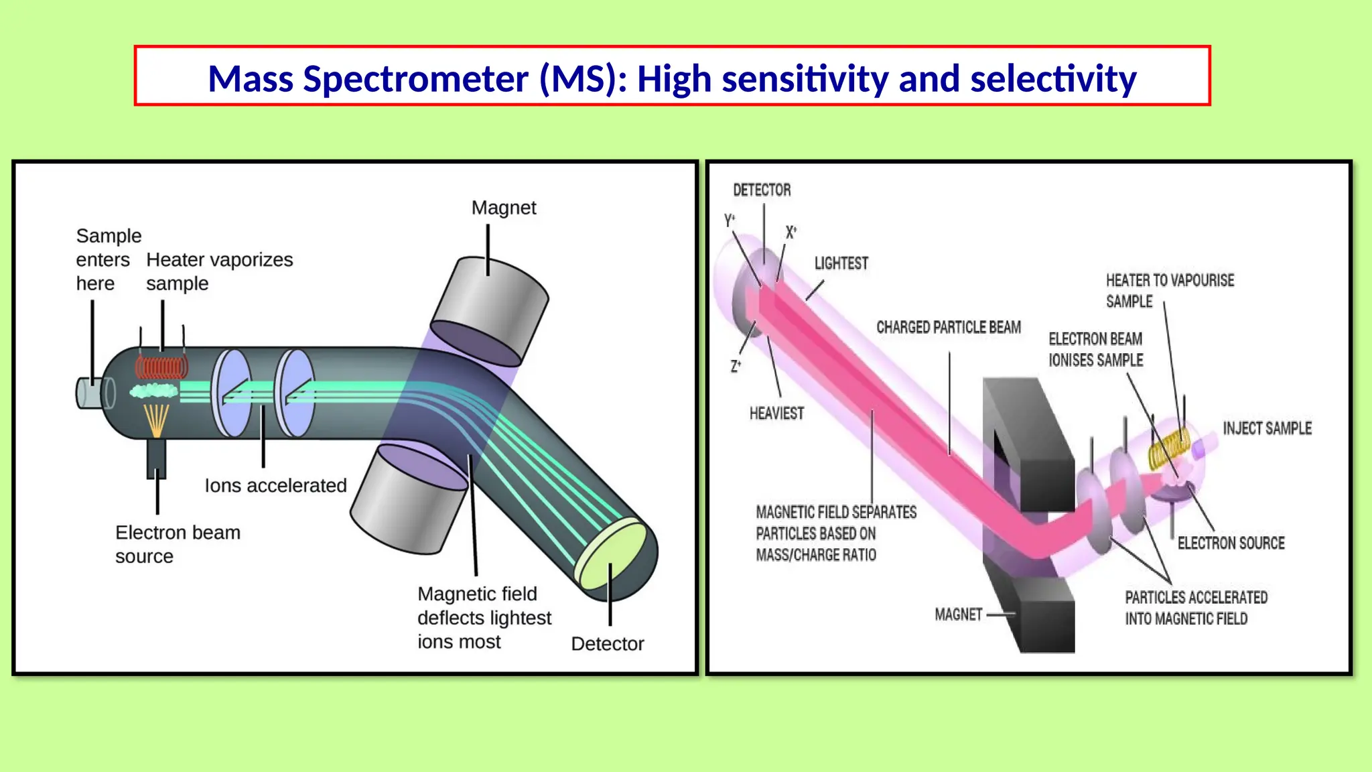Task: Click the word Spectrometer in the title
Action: pyautogui.click(x=415, y=79)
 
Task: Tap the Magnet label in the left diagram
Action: pyautogui.click(x=503, y=208)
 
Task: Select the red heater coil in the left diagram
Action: pyautogui.click(x=161, y=368)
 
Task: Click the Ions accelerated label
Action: pyautogui.click(x=275, y=485)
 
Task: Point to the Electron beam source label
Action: pyautogui.click(x=177, y=544)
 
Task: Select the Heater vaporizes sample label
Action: pyautogui.click(x=219, y=271)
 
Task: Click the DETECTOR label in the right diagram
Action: pyautogui.click(x=762, y=190)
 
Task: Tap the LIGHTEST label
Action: pyautogui.click(x=841, y=263)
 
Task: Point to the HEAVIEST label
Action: pyautogui.click(x=776, y=413)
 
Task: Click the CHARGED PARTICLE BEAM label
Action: pyautogui.click(x=949, y=327)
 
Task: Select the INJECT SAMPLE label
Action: pyautogui.click(x=1267, y=428)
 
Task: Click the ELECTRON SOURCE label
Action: pyautogui.click(x=1231, y=543)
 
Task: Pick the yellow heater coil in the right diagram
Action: pyautogui.click(x=1168, y=448)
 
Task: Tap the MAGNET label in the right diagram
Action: pyautogui.click(x=958, y=615)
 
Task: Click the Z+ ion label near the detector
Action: pyautogui.click(x=736, y=366)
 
